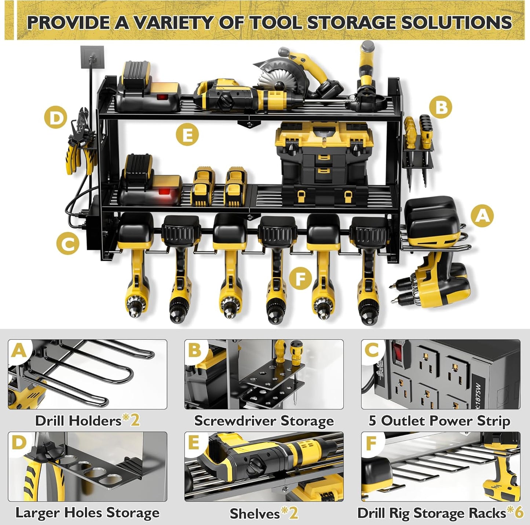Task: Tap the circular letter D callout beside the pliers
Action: [55, 119]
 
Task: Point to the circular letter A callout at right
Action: [482, 215]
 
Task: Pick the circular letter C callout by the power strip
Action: [68, 243]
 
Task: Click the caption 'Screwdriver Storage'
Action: [264, 421]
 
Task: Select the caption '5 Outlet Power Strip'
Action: [439, 421]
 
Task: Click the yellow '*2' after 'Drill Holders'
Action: [131, 420]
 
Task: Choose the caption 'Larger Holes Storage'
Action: [87, 513]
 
